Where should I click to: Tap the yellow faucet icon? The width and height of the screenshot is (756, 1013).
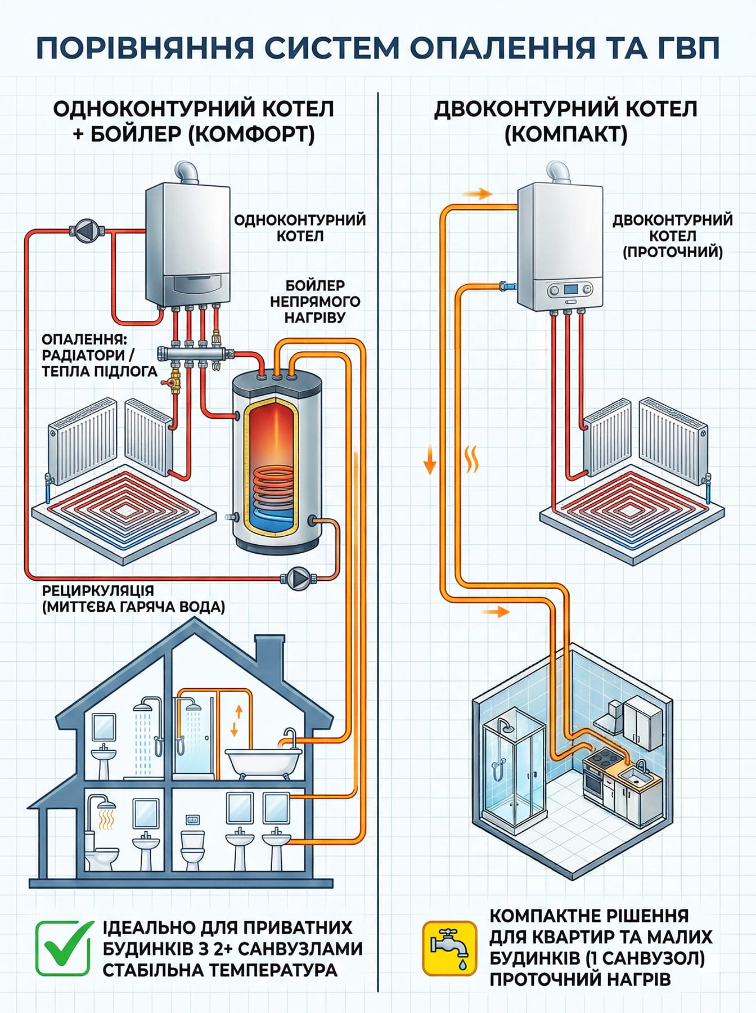(449, 948)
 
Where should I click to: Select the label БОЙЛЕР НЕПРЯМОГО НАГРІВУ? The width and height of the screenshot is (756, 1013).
(314, 302)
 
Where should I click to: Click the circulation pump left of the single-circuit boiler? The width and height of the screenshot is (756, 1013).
(87, 230)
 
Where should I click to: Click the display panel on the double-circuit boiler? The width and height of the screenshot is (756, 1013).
(571, 289)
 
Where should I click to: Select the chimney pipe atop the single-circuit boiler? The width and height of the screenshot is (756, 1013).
(188, 172)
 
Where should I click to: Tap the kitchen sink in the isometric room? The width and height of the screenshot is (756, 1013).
(638, 777)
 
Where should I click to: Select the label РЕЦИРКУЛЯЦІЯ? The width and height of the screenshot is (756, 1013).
(98, 591)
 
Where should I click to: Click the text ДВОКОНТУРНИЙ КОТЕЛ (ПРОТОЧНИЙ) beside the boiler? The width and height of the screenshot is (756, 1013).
(672, 235)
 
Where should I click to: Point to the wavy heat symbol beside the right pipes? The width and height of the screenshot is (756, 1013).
(472, 459)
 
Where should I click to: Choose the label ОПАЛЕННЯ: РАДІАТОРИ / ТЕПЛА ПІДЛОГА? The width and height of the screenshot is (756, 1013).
(99, 355)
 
